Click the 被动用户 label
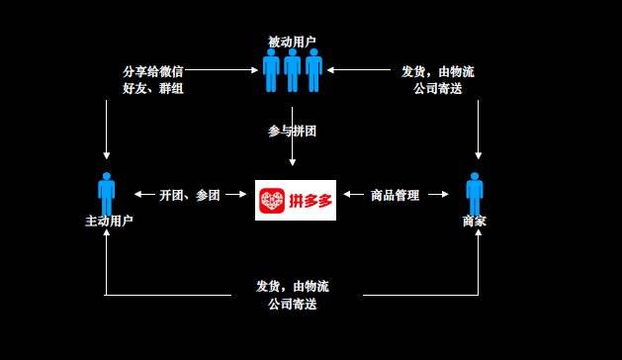(x=292, y=42)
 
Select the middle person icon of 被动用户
(x=292, y=70)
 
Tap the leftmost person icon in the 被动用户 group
(x=271, y=70)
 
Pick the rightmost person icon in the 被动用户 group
(x=313, y=70)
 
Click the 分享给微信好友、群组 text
(x=152, y=80)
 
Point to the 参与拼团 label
(x=292, y=131)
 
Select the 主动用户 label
(x=106, y=222)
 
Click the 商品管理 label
(x=395, y=195)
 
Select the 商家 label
(x=475, y=222)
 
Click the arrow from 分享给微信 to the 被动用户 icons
(x=222, y=70)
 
